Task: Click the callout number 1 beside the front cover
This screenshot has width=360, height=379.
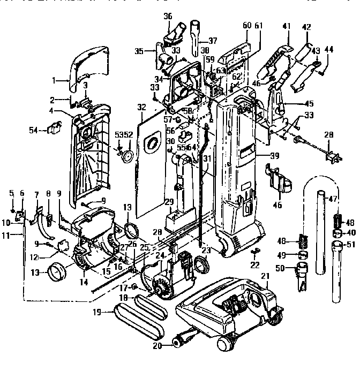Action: pos(54,81)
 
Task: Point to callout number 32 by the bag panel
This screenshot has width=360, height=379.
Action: pos(141,107)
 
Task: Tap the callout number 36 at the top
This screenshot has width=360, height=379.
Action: pos(167,17)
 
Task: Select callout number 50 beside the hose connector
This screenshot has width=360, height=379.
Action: pos(279,267)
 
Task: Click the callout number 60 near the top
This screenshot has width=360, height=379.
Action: pos(246,26)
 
